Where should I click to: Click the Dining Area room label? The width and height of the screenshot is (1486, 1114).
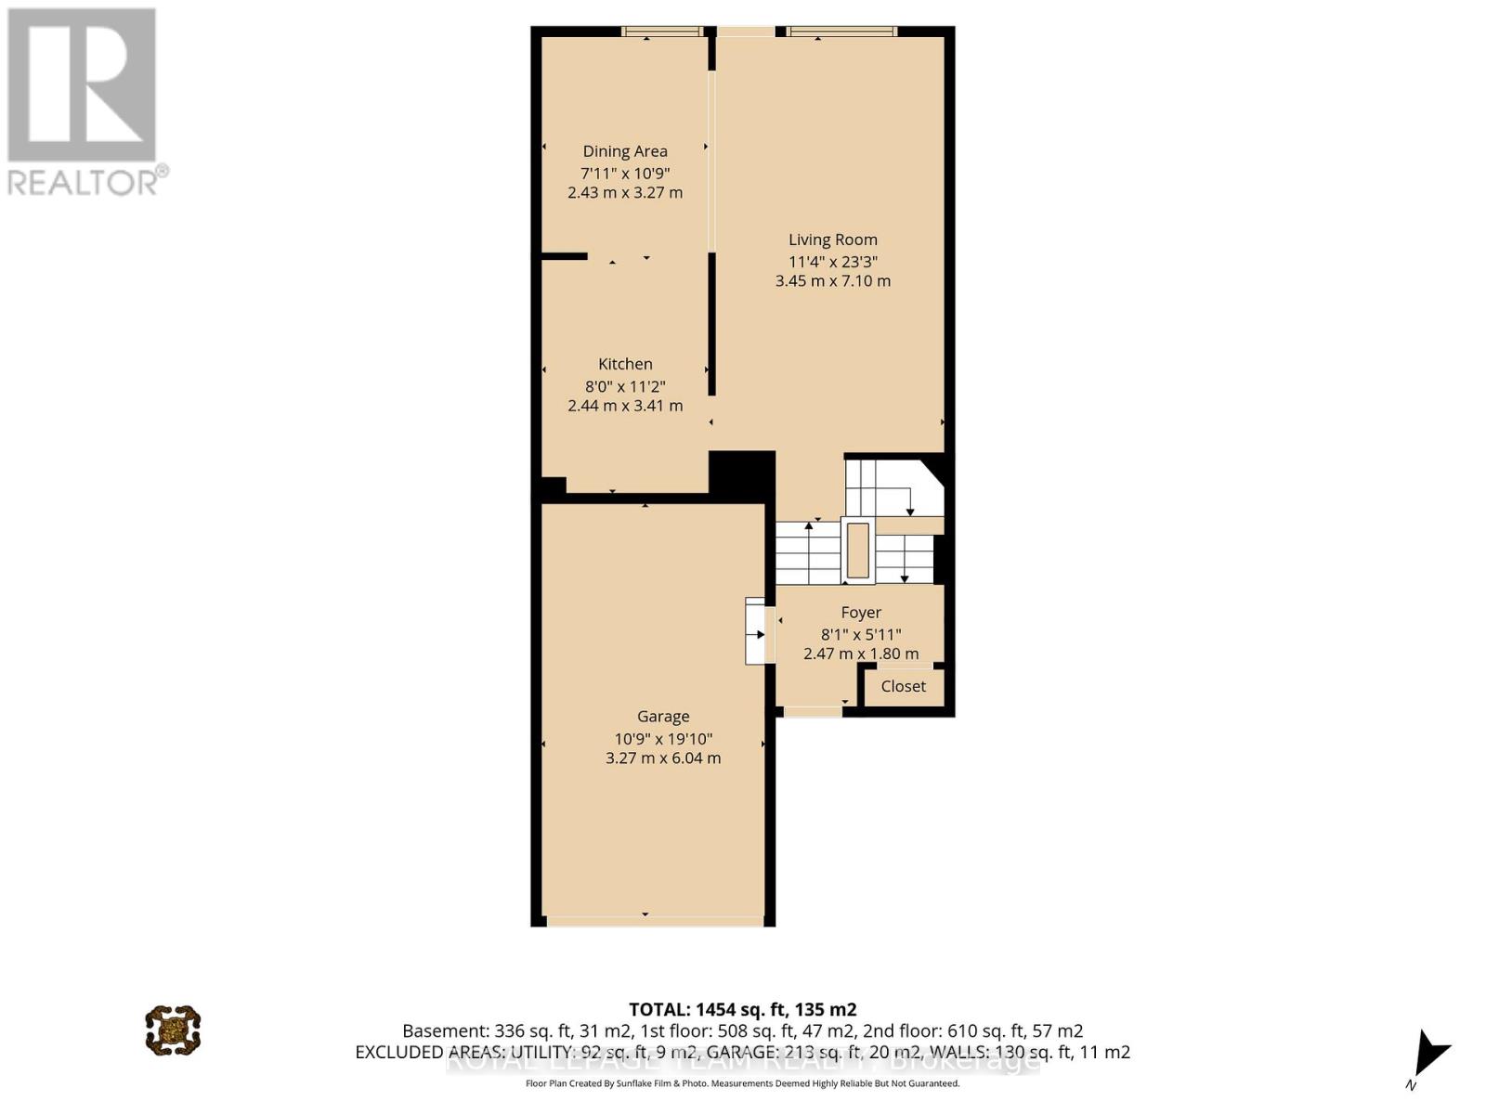625,151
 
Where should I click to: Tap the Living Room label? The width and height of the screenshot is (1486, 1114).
833,240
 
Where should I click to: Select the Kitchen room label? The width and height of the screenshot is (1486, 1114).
625,364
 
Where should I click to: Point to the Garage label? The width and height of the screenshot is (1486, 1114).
663,717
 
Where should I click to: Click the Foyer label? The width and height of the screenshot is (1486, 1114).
861,613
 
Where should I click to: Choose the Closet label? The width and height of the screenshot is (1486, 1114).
904,686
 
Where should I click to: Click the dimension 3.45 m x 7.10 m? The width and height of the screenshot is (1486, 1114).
833,281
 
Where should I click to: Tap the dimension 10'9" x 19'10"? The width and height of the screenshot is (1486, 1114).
663,739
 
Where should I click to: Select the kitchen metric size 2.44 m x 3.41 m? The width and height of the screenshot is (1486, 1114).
625,406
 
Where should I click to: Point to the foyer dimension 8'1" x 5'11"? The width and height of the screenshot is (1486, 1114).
861,635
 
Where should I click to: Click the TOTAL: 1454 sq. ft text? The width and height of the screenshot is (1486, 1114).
742,1009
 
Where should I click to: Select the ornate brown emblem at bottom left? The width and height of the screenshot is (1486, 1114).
173,1030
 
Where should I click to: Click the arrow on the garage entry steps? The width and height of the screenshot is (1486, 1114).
758,635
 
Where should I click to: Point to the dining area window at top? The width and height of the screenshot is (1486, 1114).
662,32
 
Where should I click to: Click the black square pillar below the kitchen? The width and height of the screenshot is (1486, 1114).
742,475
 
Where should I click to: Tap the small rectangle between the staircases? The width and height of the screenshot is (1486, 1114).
858,551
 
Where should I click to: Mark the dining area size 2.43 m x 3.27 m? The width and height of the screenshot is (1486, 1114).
625,193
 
